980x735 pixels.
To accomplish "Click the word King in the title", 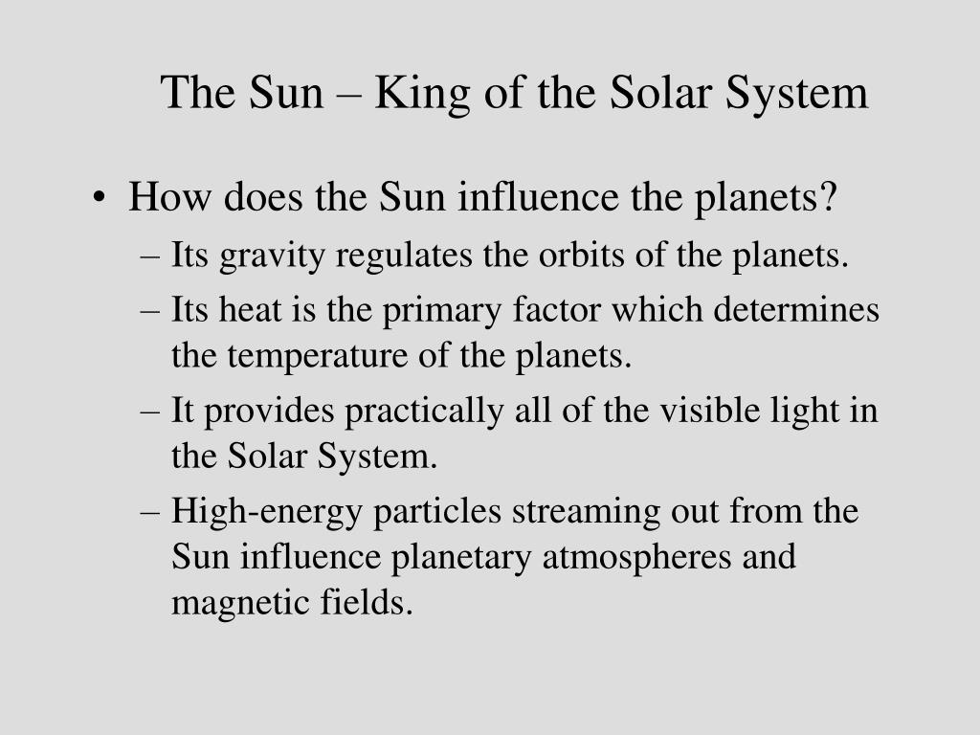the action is [422, 94].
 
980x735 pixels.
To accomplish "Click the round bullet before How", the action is [99, 198].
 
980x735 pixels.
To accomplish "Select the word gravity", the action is [272, 256].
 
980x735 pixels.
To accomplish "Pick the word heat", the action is [250, 310].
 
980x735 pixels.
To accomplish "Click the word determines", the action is [796, 310].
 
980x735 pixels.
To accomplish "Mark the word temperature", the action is [318, 358].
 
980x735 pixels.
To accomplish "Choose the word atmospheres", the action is [636, 558].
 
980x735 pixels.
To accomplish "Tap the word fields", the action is [367, 603].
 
